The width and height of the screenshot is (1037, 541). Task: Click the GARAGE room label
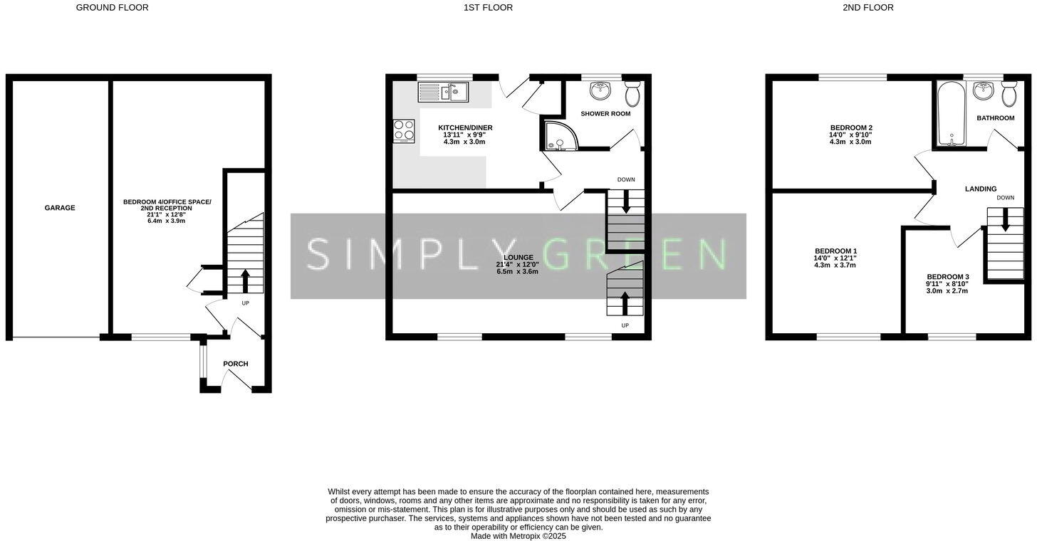[x=60, y=208]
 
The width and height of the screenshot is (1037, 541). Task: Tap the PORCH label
[x=236, y=364]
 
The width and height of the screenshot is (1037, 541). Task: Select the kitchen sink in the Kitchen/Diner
[x=442, y=93]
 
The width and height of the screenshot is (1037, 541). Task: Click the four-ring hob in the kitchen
[x=404, y=131]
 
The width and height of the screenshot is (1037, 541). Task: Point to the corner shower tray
[x=556, y=137]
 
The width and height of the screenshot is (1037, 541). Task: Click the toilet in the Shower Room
[x=632, y=93]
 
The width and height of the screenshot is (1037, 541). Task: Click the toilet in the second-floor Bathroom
[x=1009, y=93]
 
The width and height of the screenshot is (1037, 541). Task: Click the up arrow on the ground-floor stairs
[x=246, y=280]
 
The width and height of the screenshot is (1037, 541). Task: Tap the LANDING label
[x=981, y=189]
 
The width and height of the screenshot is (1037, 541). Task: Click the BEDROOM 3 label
[x=947, y=277]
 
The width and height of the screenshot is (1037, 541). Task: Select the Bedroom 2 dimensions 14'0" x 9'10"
[x=850, y=135]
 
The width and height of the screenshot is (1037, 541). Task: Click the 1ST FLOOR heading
[x=488, y=8]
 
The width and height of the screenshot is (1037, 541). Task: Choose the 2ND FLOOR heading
[x=867, y=8]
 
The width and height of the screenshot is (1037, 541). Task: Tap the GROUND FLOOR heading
[x=112, y=8]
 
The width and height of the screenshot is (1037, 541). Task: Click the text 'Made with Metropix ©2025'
[x=518, y=536]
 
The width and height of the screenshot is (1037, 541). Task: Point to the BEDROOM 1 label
[x=835, y=251]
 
